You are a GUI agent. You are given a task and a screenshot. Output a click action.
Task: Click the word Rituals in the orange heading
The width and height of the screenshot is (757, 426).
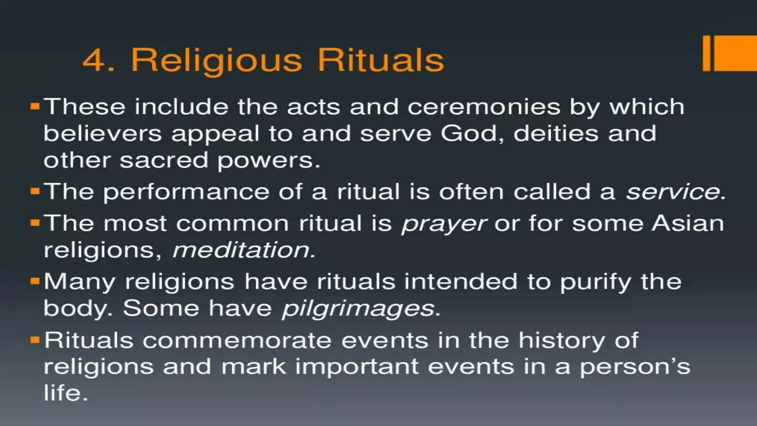[x=381, y=60]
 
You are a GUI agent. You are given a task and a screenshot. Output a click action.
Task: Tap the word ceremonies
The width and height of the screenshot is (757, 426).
[x=484, y=107]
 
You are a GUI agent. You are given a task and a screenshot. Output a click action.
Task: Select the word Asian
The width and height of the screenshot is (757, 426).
[x=688, y=224]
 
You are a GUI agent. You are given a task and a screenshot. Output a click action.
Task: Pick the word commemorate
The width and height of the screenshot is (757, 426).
[x=237, y=341]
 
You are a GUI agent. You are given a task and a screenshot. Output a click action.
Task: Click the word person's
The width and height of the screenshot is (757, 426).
[x=635, y=367]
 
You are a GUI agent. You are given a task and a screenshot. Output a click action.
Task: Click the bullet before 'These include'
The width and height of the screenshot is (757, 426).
[x=35, y=107]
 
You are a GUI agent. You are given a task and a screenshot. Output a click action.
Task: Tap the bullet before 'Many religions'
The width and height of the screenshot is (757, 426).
[x=35, y=281]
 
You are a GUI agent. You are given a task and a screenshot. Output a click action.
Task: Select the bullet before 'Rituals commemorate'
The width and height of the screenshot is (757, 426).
[x=35, y=340]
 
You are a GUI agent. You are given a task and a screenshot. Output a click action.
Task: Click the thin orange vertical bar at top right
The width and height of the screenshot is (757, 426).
[x=706, y=53]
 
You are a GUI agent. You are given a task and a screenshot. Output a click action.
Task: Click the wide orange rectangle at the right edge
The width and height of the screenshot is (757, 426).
[x=736, y=53]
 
